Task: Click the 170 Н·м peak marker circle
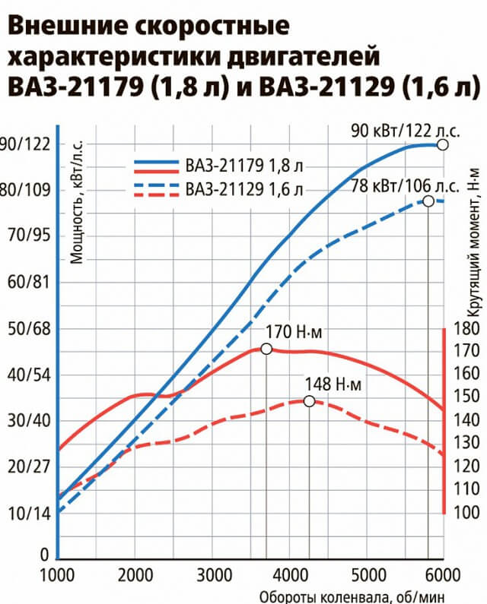[x=266, y=348]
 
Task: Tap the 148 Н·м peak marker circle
[x=309, y=400]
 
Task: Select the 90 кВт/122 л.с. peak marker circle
[x=444, y=144]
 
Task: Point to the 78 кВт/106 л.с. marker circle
[x=428, y=201]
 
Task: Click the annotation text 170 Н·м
[x=293, y=332]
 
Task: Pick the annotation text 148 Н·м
[x=332, y=384]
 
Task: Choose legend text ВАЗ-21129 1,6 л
[x=243, y=188]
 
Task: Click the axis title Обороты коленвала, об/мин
[x=351, y=596]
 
